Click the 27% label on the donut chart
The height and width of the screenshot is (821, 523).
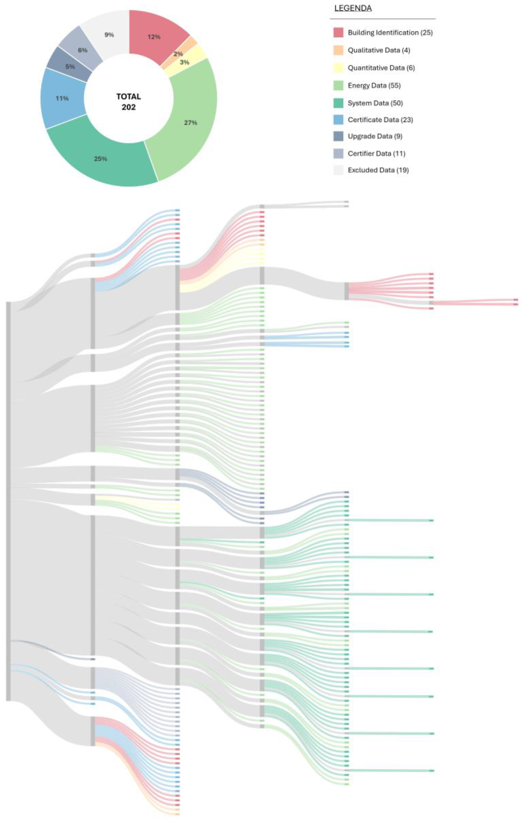click(x=190, y=122)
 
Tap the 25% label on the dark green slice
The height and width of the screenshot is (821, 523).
click(x=100, y=159)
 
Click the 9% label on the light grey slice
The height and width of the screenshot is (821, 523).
click(x=109, y=35)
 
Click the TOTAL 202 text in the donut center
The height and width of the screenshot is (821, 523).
click(x=129, y=102)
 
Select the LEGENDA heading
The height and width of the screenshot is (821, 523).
click(x=353, y=8)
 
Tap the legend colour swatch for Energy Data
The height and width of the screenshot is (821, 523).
click(x=338, y=86)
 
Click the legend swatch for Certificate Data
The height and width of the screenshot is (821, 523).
click(x=338, y=120)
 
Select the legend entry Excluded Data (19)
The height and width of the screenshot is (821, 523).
click(x=378, y=170)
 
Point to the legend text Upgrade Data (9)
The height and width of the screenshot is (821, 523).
click(x=375, y=136)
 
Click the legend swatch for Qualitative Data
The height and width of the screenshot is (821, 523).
click(x=338, y=50)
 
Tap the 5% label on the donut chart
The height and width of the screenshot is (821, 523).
click(x=70, y=66)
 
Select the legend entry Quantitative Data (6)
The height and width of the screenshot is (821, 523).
click(x=381, y=68)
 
